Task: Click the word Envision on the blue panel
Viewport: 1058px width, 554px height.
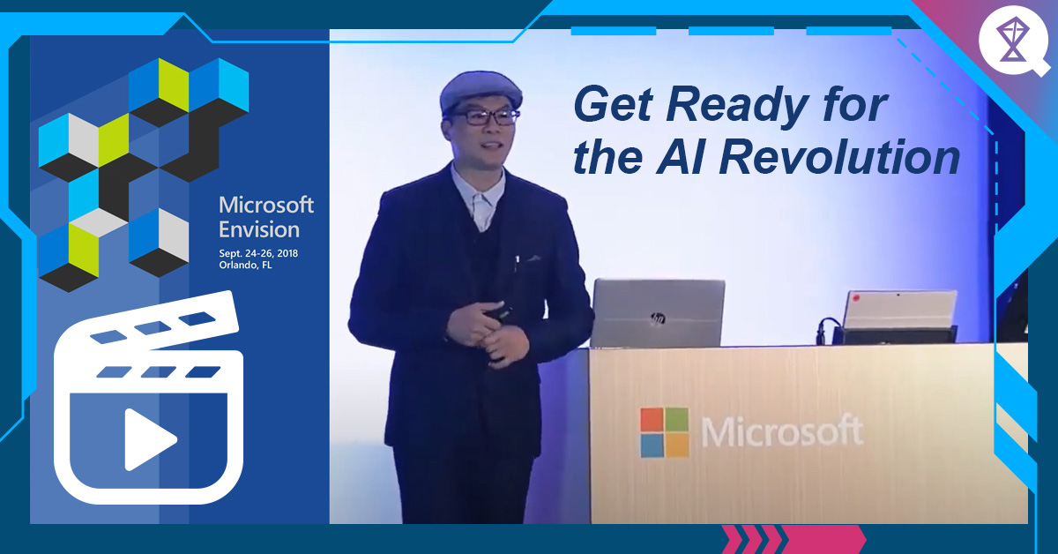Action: (x=259, y=229)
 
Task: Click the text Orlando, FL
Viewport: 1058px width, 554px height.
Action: (x=246, y=266)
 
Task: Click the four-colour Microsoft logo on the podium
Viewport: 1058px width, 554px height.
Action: (x=664, y=432)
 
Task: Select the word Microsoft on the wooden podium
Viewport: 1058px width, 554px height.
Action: (x=781, y=432)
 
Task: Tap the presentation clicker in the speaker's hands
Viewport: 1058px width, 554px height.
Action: (x=498, y=314)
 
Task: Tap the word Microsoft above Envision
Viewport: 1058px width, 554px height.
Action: (x=266, y=206)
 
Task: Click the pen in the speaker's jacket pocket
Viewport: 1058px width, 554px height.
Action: (x=517, y=261)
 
